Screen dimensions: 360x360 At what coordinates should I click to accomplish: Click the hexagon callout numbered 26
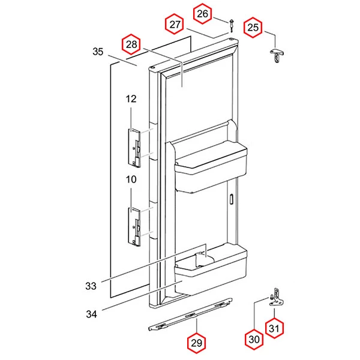202,14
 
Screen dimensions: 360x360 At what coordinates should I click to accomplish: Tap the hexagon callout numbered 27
175,24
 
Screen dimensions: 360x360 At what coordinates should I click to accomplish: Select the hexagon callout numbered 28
131,44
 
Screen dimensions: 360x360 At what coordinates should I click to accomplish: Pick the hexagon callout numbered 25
253,28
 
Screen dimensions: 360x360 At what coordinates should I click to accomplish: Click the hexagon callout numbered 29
197,343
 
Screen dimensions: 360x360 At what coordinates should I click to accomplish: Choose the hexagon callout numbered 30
254,340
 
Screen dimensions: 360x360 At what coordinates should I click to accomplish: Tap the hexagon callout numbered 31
274,328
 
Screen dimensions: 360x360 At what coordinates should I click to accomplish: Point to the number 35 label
98,52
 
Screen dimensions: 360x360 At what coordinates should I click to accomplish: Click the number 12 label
131,99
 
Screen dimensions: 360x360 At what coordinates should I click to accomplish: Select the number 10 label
131,179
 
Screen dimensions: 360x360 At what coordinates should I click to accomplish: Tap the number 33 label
91,286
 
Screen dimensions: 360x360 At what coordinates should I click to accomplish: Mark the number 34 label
91,314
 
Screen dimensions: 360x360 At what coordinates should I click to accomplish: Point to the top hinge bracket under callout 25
277,55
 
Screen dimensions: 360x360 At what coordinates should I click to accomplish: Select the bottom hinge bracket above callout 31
277,298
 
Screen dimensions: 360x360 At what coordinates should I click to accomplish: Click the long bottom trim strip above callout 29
190,314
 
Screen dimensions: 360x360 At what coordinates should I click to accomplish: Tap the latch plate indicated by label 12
134,148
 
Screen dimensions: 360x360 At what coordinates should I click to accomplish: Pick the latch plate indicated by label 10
134,227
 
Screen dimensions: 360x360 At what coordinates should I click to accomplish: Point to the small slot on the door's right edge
231,199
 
